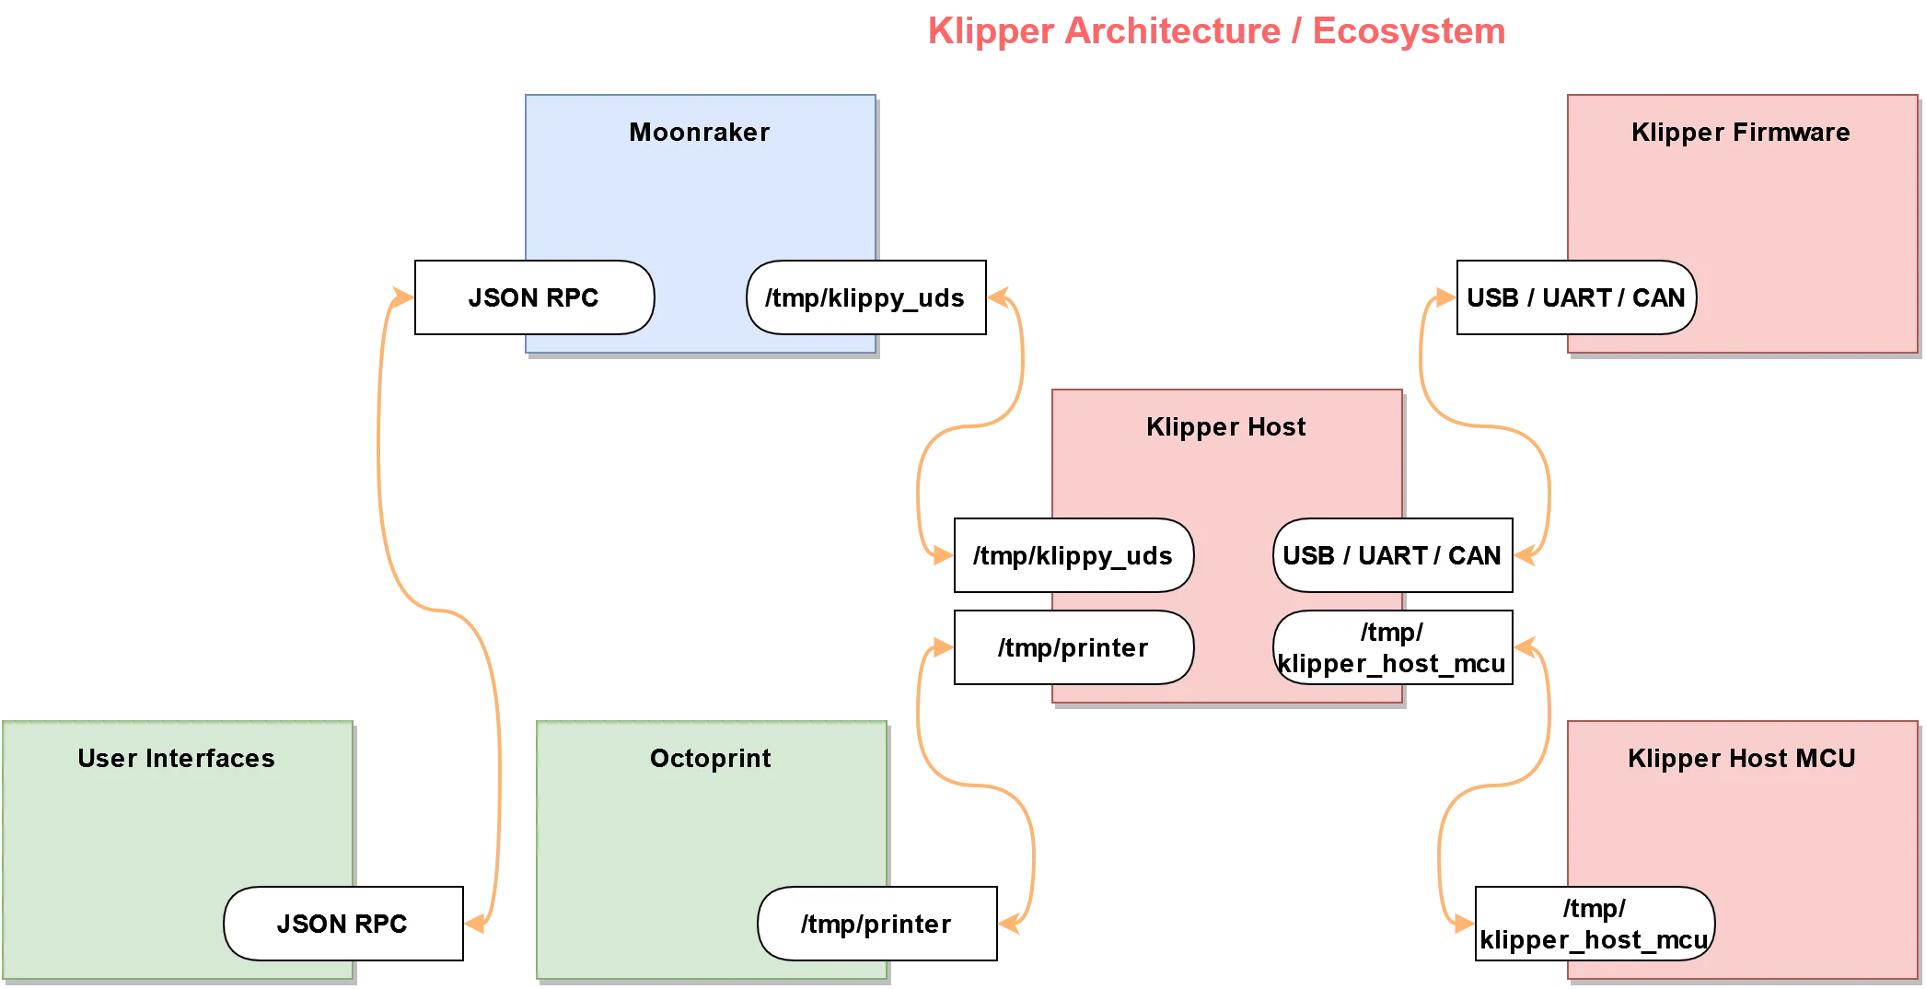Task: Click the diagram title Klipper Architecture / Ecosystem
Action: coord(1215,31)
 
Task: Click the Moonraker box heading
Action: coord(699,132)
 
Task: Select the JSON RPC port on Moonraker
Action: coord(534,297)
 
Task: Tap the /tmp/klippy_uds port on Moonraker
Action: coord(864,297)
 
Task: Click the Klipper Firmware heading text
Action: coord(1740,132)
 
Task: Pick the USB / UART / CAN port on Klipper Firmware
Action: coord(1575,297)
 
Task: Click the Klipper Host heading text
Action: coord(1225,426)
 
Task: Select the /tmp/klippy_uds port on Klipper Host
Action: coord(1073,555)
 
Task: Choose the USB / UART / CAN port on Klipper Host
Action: coord(1391,555)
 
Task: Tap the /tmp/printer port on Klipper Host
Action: coord(1073,647)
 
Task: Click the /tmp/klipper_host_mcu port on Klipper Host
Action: coord(1391,647)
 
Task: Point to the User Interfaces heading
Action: coord(176,758)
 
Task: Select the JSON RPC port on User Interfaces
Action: coord(342,924)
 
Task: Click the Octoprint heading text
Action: coord(710,758)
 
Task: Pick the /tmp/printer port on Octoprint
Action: coord(876,924)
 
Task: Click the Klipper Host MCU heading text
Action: coord(1741,758)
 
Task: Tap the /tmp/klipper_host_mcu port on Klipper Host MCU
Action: coord(1594,924)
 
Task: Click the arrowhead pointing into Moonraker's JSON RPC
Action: coord(403,297)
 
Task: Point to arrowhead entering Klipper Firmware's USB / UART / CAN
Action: coord(1446,297)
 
